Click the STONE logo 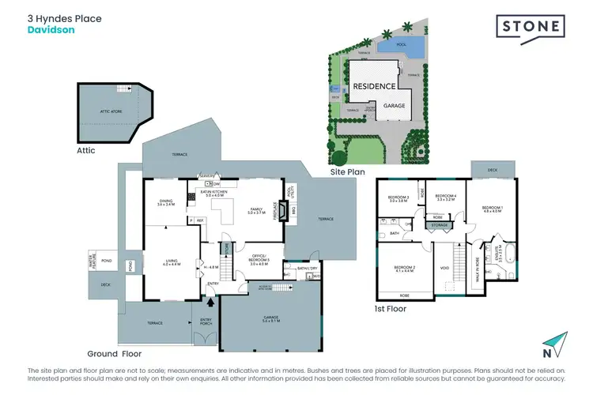click(530, 27)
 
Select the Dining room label click(165, 202)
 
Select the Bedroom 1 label click(492, 209)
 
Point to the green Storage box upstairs click(438, 225)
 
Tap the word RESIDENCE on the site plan click(373, 86)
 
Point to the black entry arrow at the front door click(211, 301)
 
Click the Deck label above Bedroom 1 click(492, 169)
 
